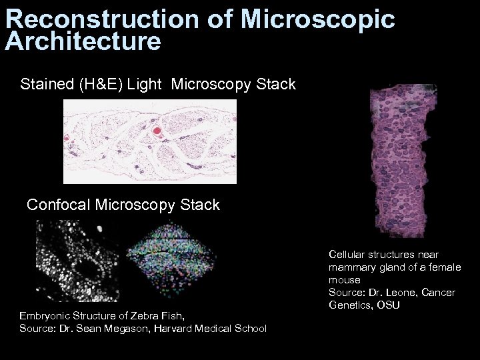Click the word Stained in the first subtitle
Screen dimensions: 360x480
point(43,85)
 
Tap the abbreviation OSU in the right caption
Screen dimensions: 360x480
point(384,305)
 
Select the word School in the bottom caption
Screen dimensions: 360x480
point(250,328)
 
